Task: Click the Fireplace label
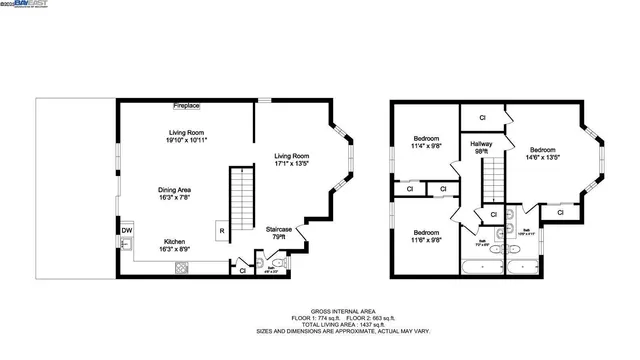[186, 105]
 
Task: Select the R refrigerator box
[221, 233]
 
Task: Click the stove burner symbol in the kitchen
[181, 267]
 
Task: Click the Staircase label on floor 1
[279, 233]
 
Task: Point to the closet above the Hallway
[482, 118]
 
